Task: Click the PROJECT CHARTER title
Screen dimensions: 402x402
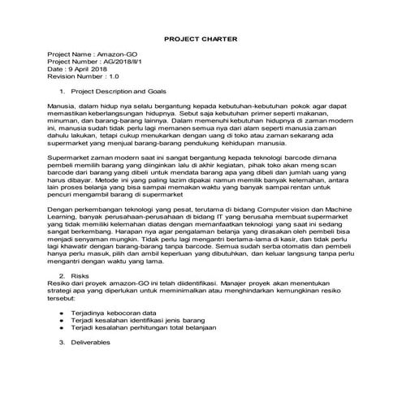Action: click(201, 37)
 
